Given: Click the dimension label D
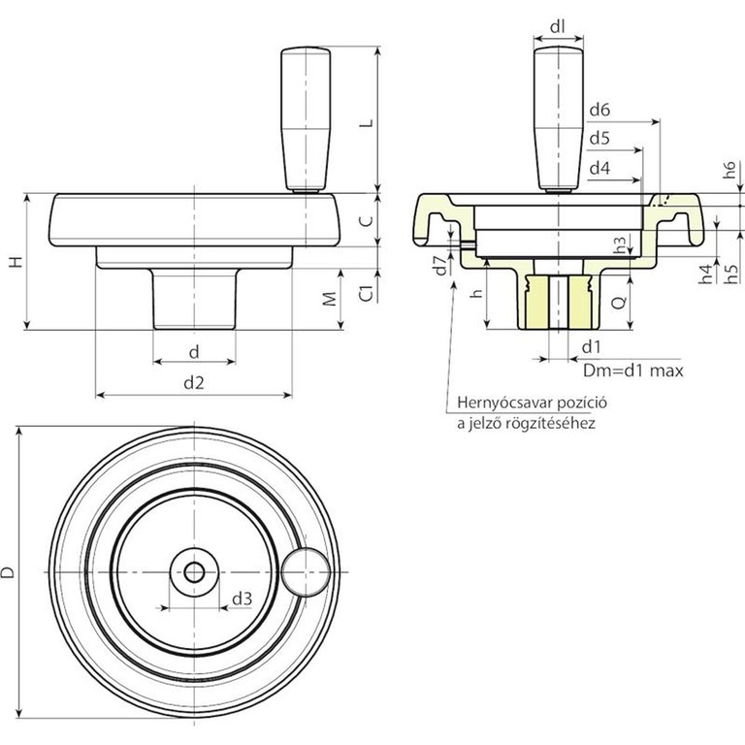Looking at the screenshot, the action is coord(8,572).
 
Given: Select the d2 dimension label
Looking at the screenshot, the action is coord(194,382).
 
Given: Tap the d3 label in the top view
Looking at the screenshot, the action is coord(242,599).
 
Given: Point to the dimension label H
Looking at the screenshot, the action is coord(17,261).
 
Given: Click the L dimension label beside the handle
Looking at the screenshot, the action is coord(366,123).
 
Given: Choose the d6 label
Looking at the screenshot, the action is coord(599,111).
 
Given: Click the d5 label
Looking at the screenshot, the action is coord(599,139).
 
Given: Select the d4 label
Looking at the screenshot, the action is coord(599,168).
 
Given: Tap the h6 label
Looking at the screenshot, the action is coord(729,170).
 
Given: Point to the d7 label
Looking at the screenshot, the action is coord(441,265).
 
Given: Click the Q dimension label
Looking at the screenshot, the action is coord(619,303).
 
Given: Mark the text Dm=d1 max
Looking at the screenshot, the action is coord(632,371).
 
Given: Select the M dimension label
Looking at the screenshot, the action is coord(330,299).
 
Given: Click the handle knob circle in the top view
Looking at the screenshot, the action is coord(306,572).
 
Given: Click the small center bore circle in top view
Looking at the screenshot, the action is coord(194,572).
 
